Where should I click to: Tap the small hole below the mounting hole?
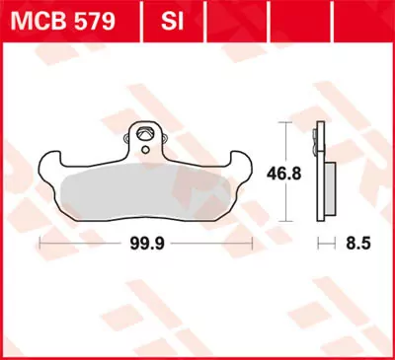pos(145,151)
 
